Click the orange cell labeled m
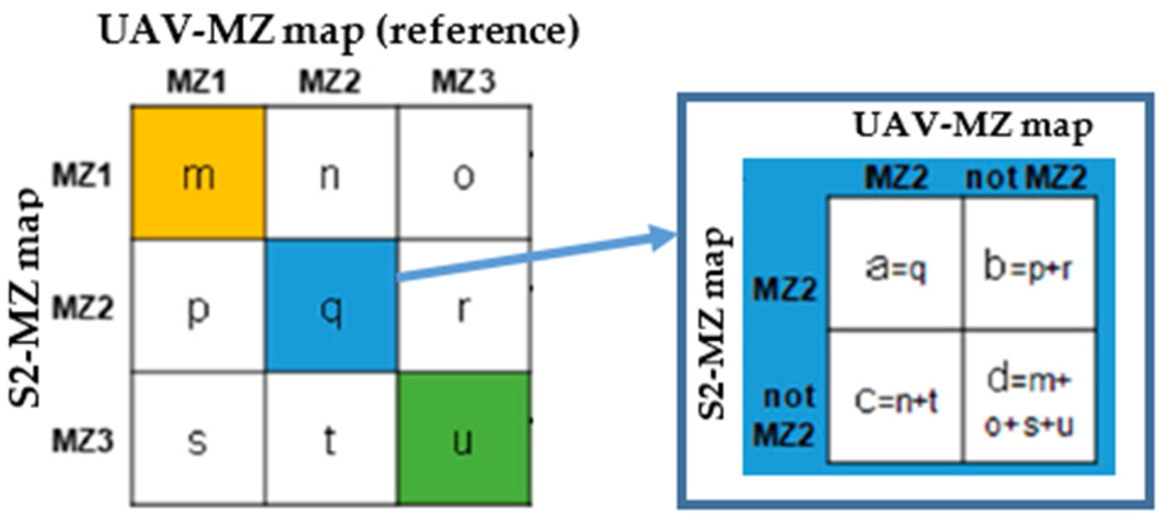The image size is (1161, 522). [198, 173]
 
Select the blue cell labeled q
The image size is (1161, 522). [331, 306]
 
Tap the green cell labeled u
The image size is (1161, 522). [464, 439]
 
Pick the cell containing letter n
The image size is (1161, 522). [331, 173]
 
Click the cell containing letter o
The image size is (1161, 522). [464, 173]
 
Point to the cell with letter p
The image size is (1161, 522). [198, 306]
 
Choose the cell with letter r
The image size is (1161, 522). [464, 306]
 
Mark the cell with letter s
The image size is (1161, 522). [198, 439]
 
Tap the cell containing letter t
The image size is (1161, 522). [331, 439]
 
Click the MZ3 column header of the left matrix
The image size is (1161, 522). [464, 81]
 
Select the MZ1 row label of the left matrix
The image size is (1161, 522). [82, 175]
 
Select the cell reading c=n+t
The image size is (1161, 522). [896, 397]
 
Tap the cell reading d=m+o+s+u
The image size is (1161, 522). [1029, 397]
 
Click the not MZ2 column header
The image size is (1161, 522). [1026, 177]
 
